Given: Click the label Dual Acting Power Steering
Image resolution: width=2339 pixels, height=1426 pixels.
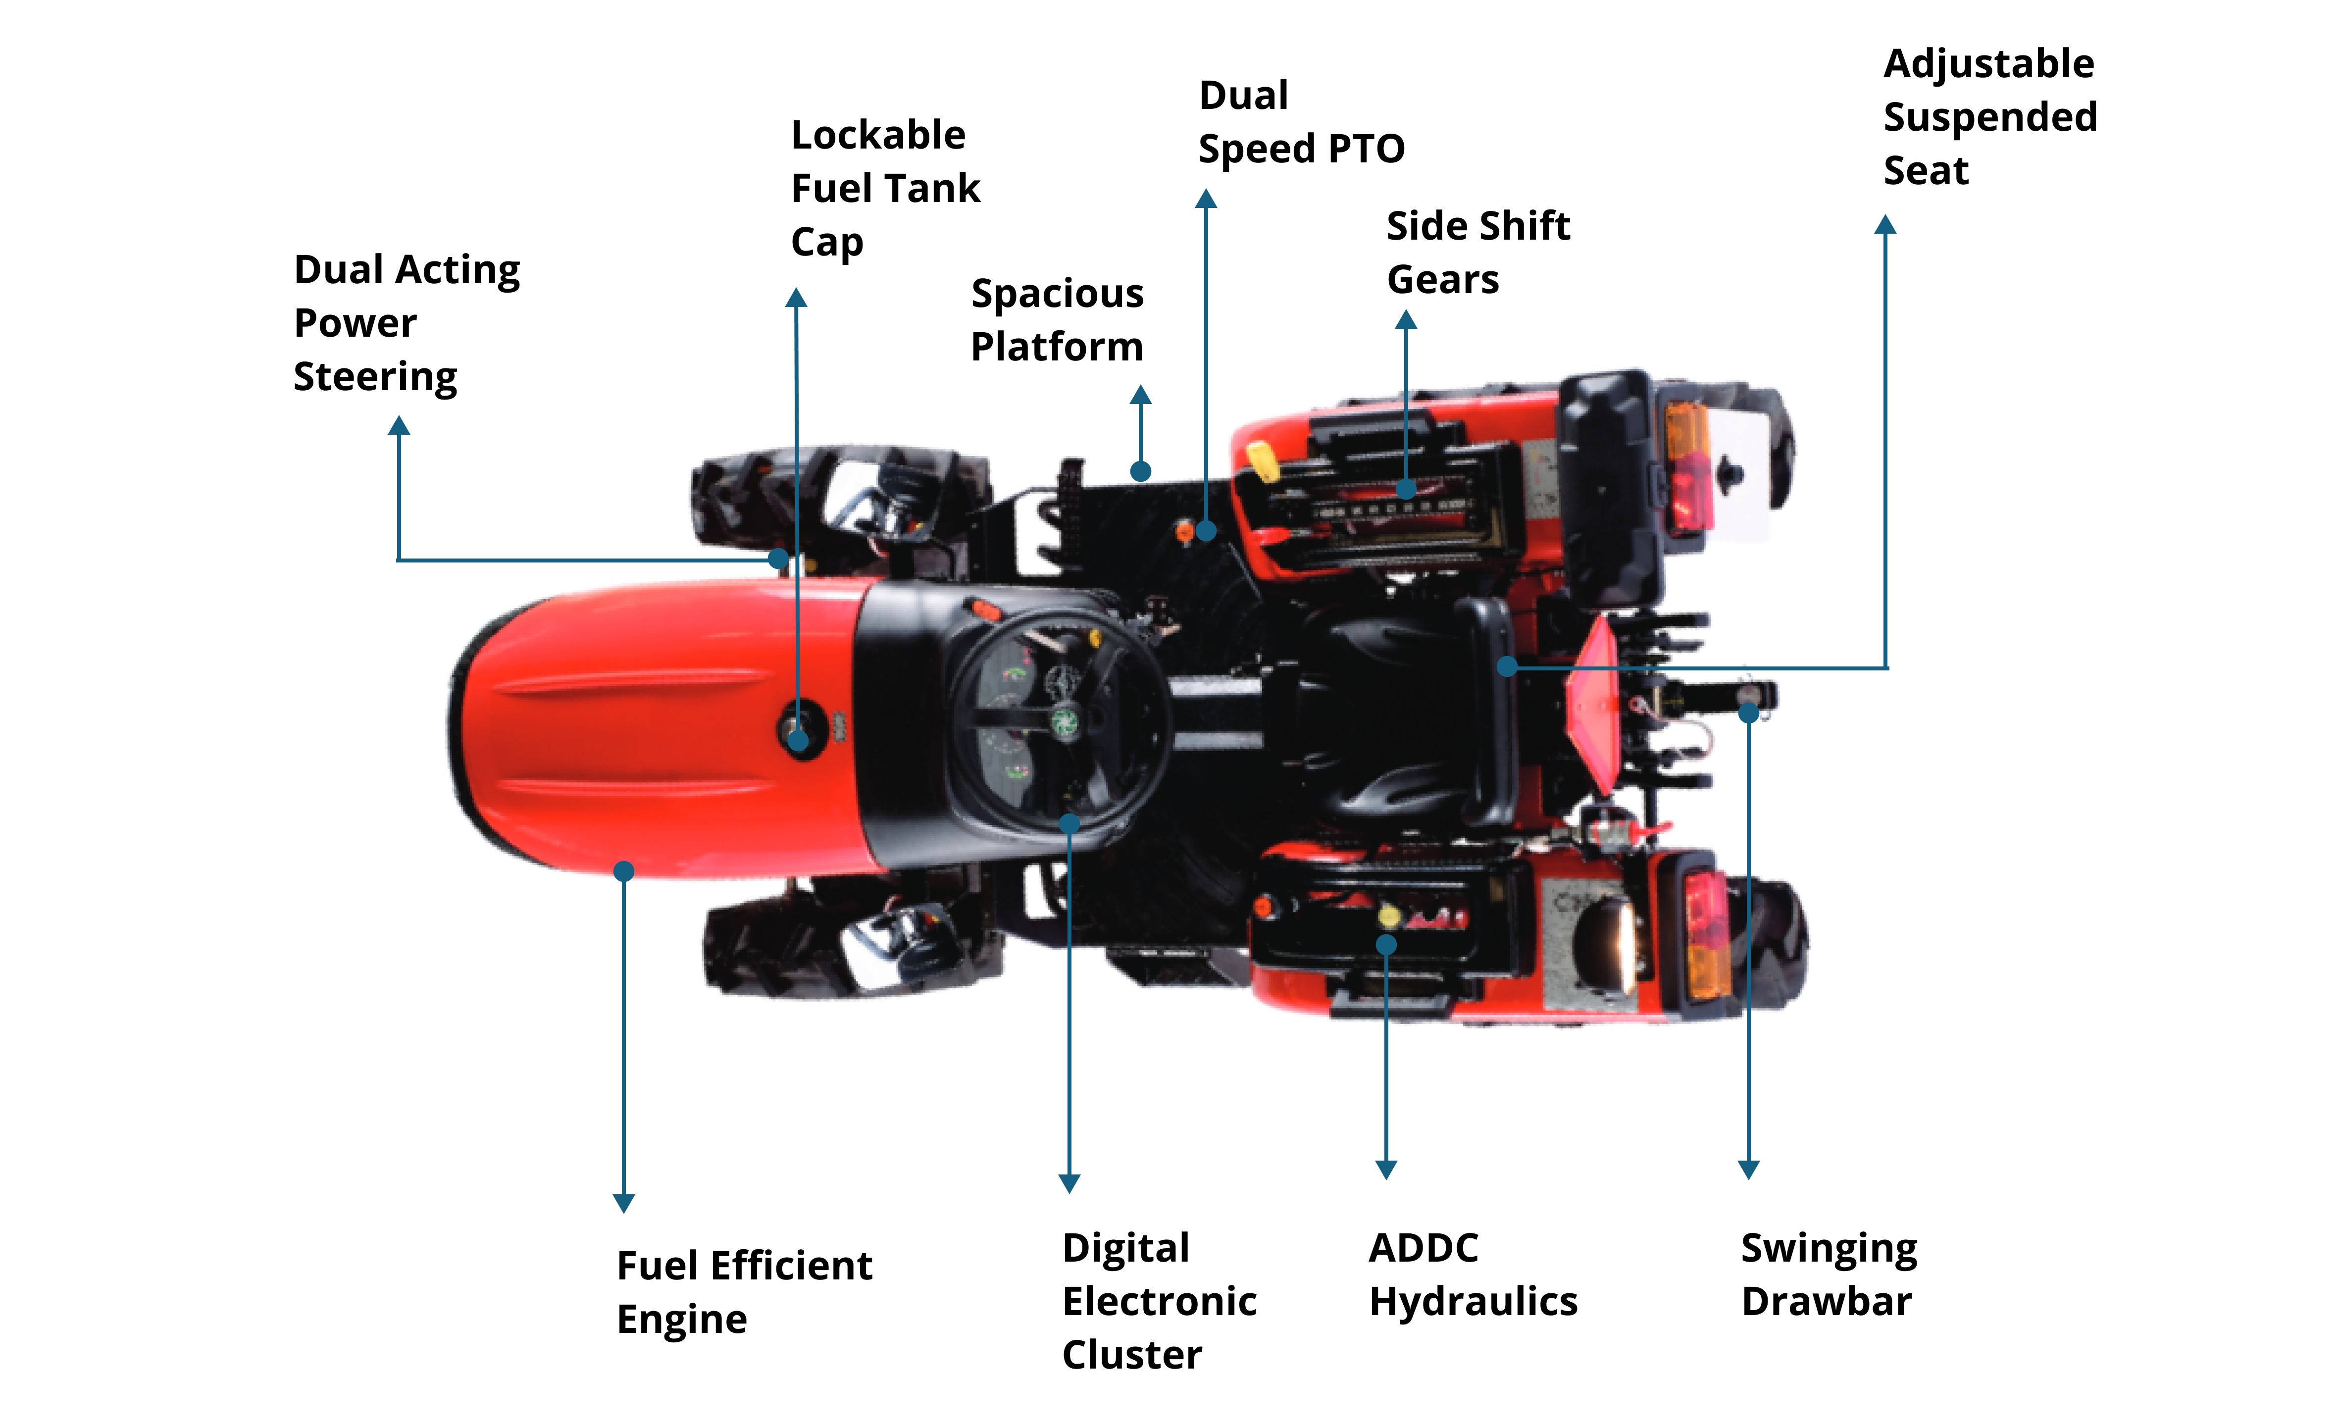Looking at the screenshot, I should [x=407, y=323].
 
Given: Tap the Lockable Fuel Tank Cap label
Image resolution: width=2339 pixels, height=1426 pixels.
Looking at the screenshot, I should [x=885, y=188].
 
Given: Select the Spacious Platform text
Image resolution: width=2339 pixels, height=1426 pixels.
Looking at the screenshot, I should [x=1057, y=320].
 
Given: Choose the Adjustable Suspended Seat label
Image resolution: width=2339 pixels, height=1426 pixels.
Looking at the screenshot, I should [x=1989, y=117].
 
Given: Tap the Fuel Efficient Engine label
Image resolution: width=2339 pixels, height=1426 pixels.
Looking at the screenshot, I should [x=743, y=1292].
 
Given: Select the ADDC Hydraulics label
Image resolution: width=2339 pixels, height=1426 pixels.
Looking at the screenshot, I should [x=1473, y=1274].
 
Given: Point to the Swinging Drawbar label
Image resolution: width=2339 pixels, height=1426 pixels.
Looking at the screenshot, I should [x=1829, y=1274].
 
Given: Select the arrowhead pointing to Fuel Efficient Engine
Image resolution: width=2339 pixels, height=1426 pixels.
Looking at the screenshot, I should [x=624, y=1203].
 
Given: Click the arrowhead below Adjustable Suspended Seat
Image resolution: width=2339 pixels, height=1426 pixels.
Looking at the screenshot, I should [x=1885, y=225].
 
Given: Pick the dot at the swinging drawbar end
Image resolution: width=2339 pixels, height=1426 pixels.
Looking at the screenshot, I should [x=1748, y=713].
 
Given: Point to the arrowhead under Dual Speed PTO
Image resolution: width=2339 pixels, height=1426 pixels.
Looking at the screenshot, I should [x=1206, y=199].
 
